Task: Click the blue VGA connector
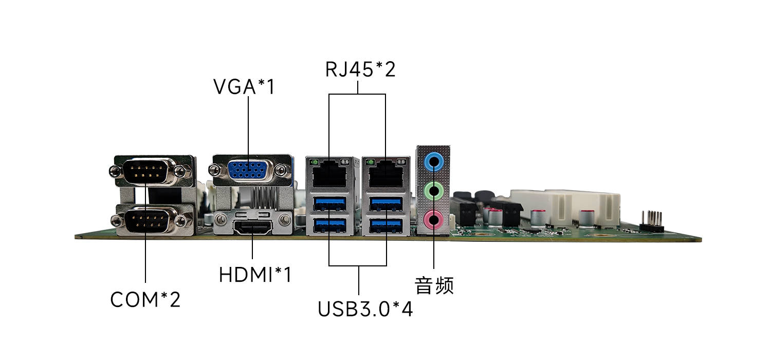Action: [249, 170]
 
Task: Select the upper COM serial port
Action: [146, 171]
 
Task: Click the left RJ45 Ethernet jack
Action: [329, 174]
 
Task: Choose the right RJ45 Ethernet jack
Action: [385, 174]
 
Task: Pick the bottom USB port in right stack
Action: [385, 225]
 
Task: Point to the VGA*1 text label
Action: [244, 87]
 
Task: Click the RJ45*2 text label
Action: [360, 69]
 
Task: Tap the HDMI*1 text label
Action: [255, 275]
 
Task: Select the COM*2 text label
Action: [145, 299]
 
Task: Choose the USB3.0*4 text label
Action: [365, 309]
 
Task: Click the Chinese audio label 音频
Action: [434, 285]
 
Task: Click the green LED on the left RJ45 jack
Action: [312, 163]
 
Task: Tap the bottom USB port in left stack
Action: [329, 225]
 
